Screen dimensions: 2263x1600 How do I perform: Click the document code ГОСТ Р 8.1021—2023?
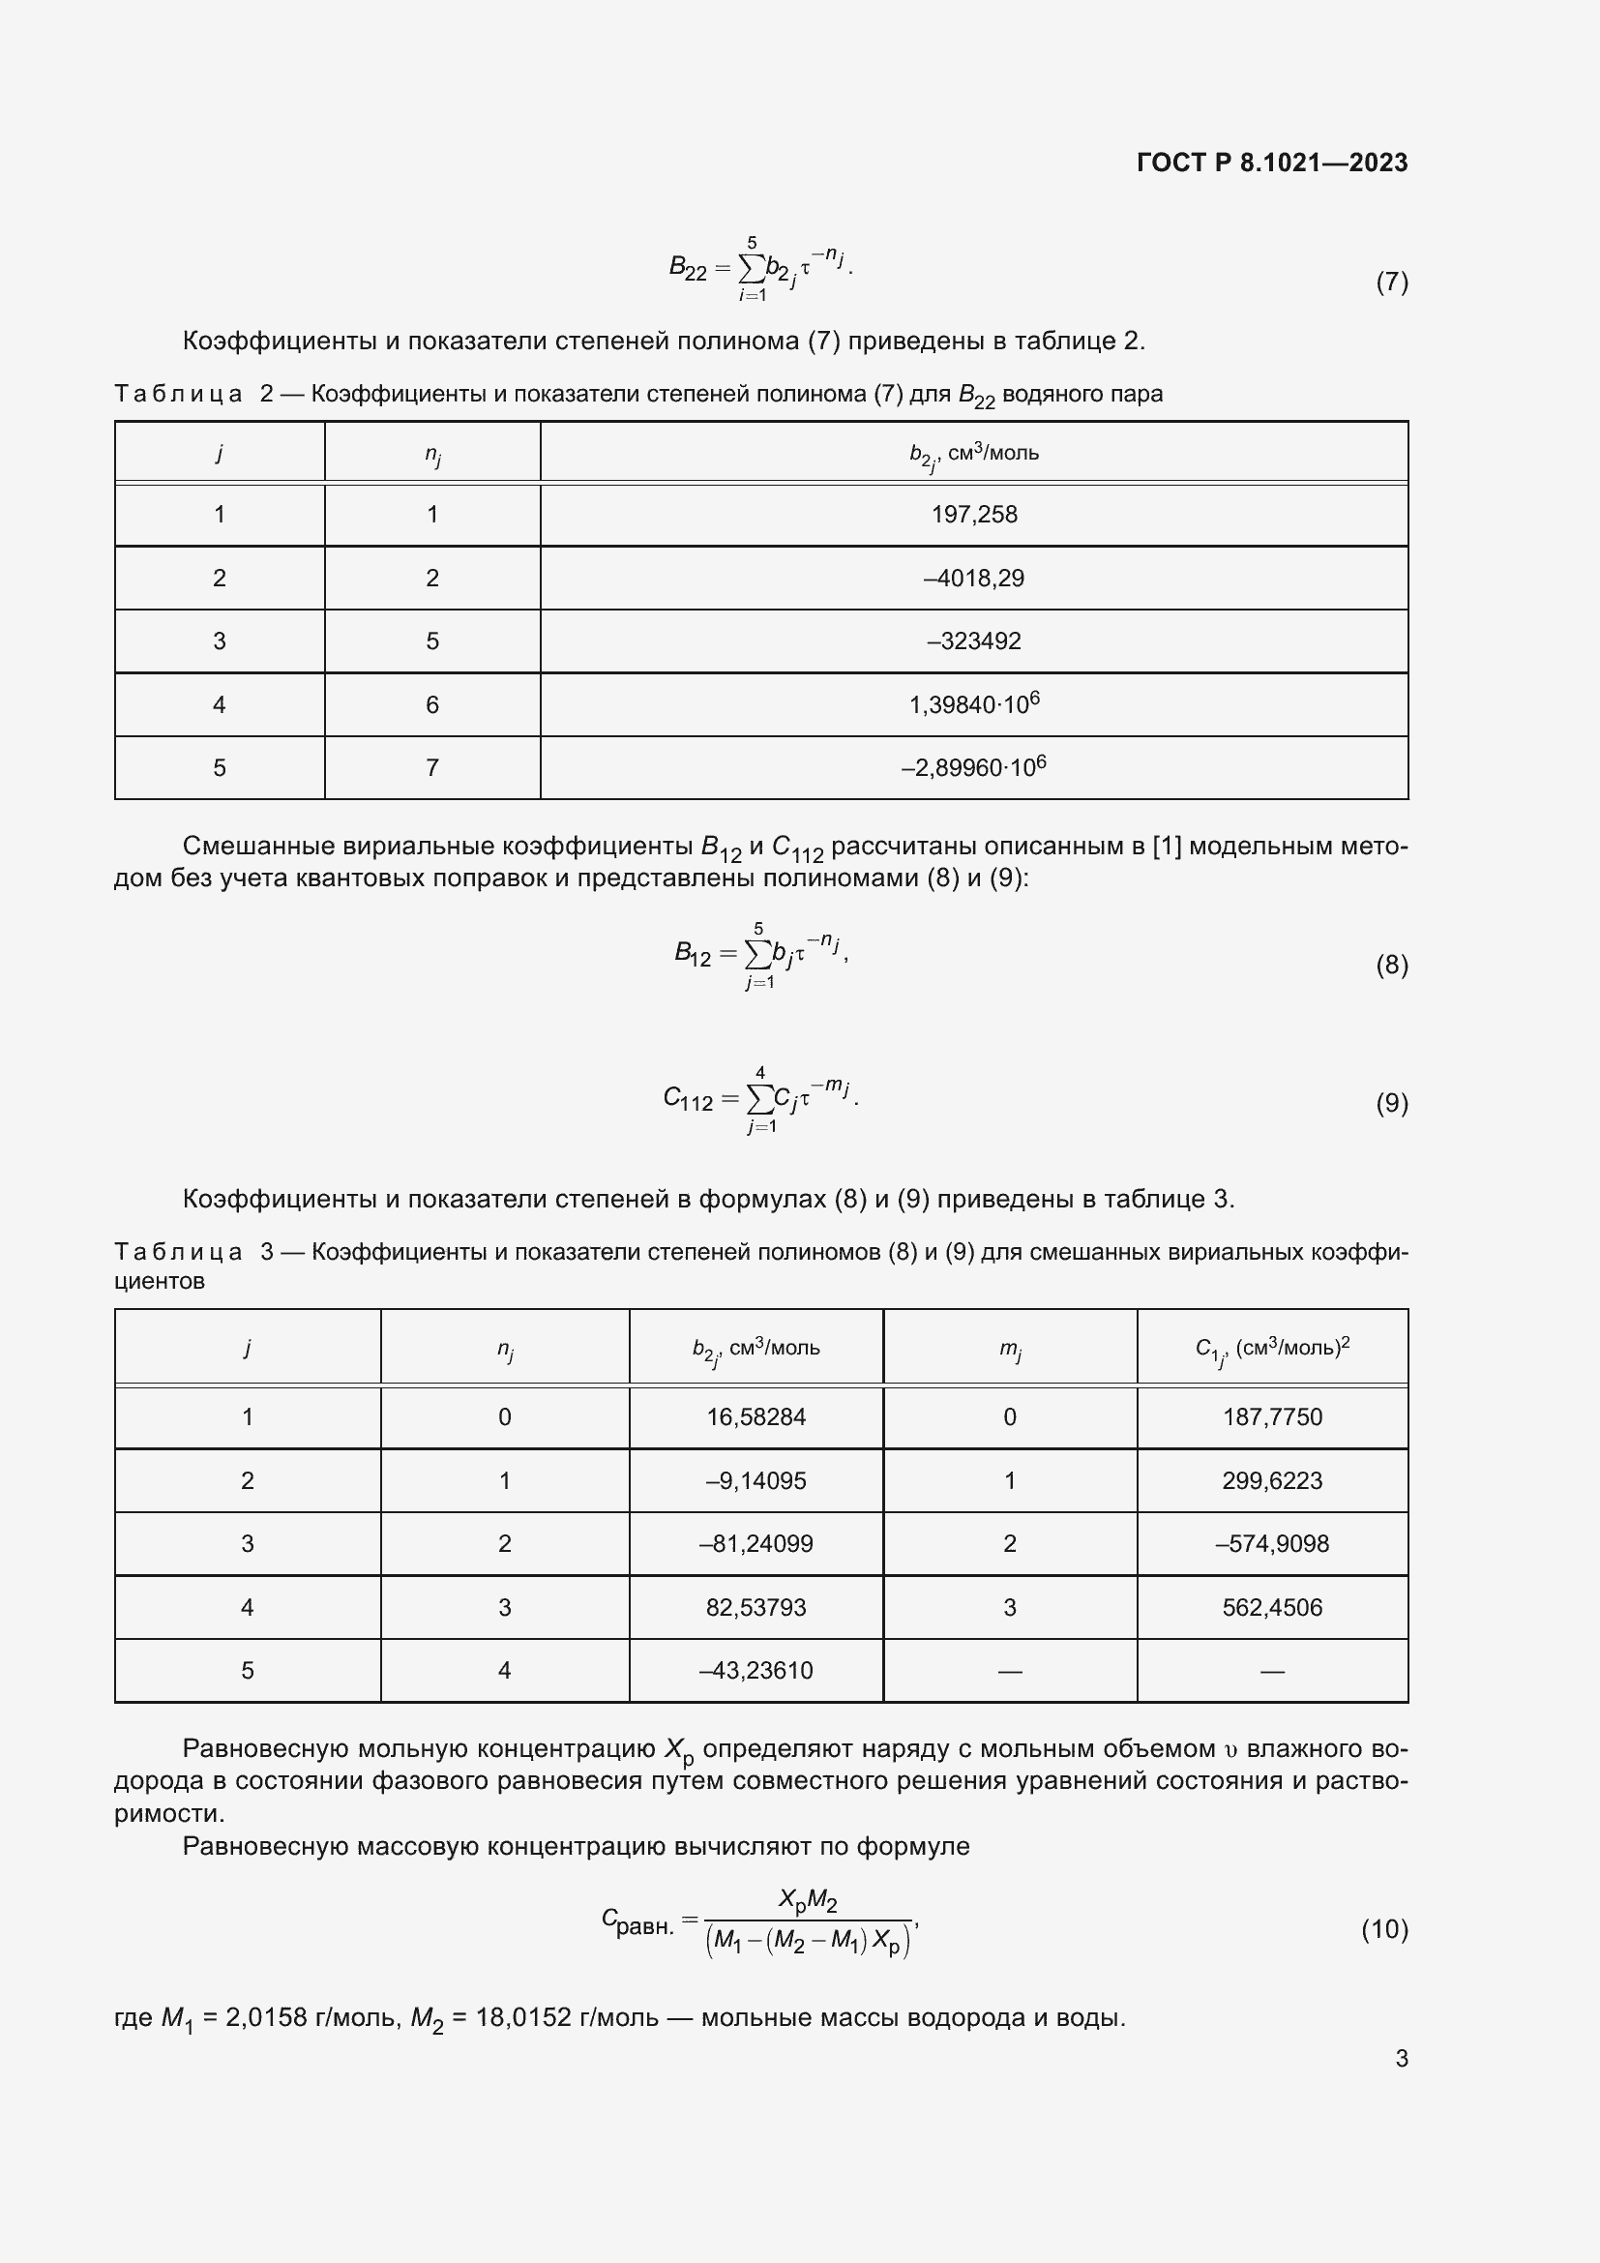click(x=1272, y=163)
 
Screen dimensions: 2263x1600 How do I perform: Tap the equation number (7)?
click(x=1391, y=283)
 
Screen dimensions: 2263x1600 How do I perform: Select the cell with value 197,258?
click(x=973, y=515)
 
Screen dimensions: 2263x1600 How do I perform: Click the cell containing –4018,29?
click(x=973, y=578)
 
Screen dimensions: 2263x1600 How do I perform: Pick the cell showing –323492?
click(x=973, y=641)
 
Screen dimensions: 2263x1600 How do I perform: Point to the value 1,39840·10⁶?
click(x=973, y=704)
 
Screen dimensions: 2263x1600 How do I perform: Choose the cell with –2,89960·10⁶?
click(x=973, y=768)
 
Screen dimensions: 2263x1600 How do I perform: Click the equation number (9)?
click(x=1391, y=1103)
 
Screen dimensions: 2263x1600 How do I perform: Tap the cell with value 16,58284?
click(x=756, y=1417)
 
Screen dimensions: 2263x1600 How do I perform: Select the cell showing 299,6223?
click(x=1272, y=1480)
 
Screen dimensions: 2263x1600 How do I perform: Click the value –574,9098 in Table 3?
click(x=1272, y=1543)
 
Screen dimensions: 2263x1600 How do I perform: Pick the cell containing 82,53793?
click(x=756, y=1608)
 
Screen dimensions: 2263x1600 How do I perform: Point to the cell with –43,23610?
click(x=756, y=1671)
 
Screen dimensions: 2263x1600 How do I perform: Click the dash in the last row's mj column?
click(x=1010, y=1672)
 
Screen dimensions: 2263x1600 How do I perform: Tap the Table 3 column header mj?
click(x=1010, y=1350)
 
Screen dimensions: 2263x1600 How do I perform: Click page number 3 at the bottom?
click(x=1401, y=2078)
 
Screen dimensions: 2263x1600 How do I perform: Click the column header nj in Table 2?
click(x=432, y=455)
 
